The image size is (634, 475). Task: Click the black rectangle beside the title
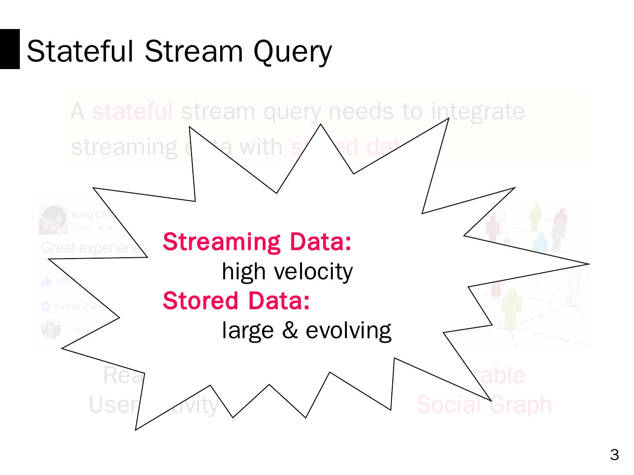[10, 49]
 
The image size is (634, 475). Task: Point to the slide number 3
[615, 455]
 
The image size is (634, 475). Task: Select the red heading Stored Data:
[236, 301]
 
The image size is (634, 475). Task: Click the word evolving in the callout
[348, 330]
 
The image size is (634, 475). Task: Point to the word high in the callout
[243, 271]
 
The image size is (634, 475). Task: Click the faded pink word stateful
[132, 111]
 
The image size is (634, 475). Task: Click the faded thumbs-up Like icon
[46, 281]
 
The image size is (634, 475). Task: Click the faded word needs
[361, 111]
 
